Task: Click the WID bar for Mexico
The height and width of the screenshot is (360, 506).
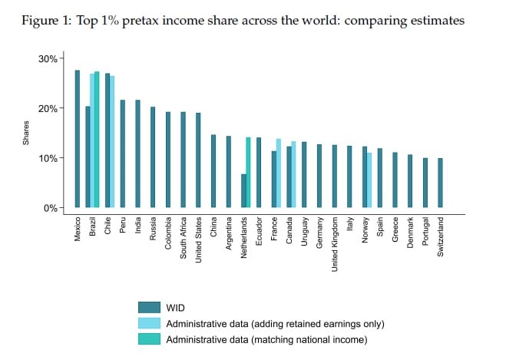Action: coord(78,139)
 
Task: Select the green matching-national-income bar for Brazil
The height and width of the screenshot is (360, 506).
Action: coord(97,140)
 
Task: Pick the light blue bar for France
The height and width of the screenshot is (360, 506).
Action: coord(278,173)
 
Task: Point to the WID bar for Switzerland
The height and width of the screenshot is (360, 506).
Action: coord(440,183)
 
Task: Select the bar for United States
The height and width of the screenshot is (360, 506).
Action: coord(198,160)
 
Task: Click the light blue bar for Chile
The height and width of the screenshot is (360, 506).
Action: coord(112,142)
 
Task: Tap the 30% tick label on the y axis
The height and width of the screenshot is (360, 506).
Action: coord(48,58)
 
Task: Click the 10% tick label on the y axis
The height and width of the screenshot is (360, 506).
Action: coord(48,158)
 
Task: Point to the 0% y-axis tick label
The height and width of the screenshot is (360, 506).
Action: coord(50,207)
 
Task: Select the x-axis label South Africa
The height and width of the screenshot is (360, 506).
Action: coord(184,239)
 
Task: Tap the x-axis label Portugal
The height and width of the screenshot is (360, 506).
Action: coord(425,233)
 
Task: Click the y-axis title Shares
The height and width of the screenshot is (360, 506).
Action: coord(26,133)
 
